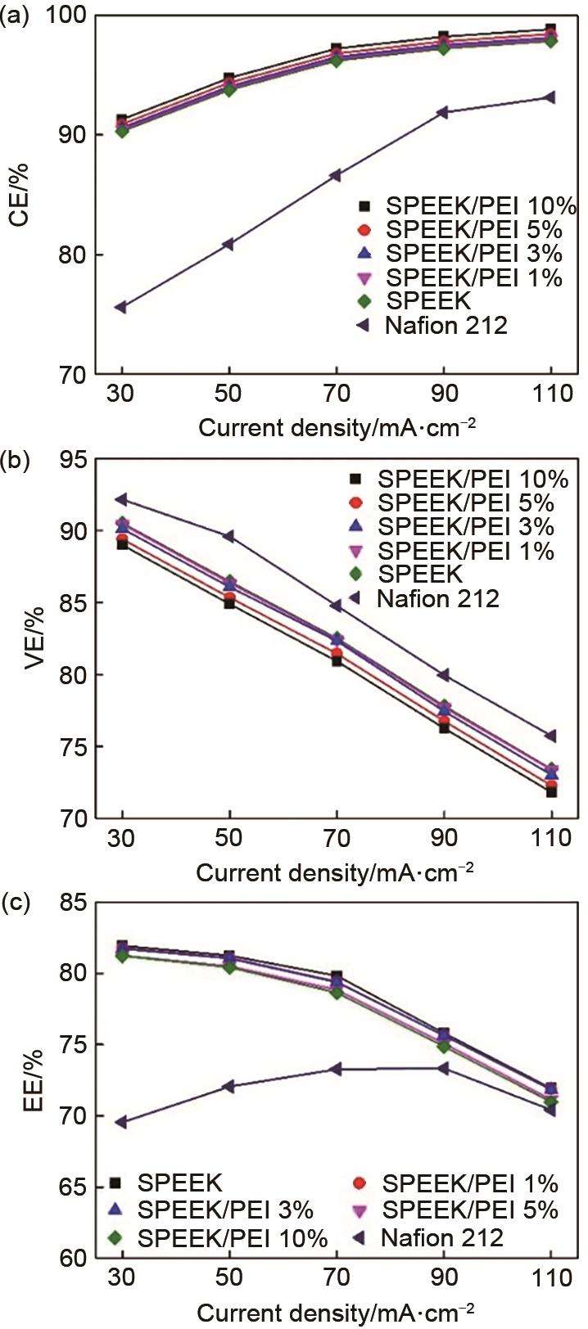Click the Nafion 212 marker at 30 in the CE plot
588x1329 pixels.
click(120, 307)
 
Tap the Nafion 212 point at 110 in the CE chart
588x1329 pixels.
click(550, 97)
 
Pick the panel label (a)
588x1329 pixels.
click(16, 16)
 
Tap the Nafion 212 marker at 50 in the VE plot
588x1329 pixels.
click(228, 536)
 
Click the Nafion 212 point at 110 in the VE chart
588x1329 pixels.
click(550, 736)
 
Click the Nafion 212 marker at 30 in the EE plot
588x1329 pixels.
click(121, 1122)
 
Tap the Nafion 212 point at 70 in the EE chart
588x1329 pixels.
click(336, 1069)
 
